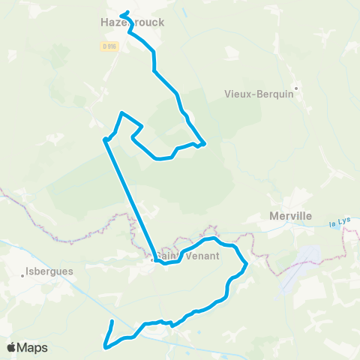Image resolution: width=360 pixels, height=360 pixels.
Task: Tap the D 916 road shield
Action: tap(109, 46)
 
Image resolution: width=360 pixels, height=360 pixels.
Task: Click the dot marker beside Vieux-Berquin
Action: tap(297, 88)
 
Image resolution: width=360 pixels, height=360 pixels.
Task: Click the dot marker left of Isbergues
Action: tap(23, 275)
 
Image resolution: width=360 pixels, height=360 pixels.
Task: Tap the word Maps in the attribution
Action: tap(33, 347)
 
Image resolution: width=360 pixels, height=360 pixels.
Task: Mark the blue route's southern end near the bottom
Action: tap(112, 322)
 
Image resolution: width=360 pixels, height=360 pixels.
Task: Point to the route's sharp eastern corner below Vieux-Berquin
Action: tap(204, 142)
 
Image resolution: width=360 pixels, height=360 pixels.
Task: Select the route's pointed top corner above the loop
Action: tap(121, 113)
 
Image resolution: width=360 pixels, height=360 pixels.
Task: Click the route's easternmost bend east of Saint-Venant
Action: tap(246, 263)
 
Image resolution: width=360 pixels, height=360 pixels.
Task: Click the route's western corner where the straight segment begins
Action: tap(104, 139)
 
